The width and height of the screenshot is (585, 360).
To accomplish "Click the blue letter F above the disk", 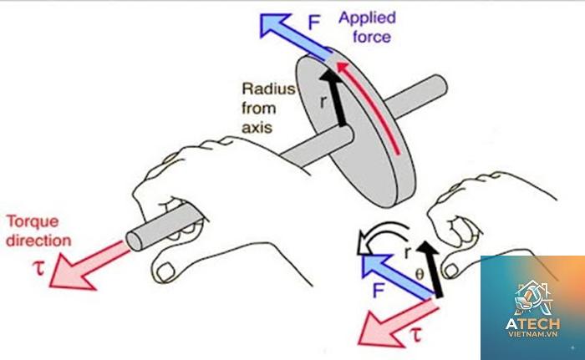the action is click(x=314, y=23).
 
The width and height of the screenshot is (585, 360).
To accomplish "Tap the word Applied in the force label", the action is click(x=367, y=18).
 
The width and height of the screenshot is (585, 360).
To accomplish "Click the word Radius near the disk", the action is click(x=268, y=89).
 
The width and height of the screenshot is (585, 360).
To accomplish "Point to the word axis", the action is click(x=257, y=128).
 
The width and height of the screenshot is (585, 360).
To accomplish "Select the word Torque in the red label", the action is click(x=33, y=222).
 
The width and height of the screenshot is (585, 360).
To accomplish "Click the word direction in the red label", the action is click(x=38, y=241).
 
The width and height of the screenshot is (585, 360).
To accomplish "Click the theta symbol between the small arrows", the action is click(x=420, y=275).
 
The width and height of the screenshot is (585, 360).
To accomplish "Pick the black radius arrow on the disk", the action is click(x=334, y=98).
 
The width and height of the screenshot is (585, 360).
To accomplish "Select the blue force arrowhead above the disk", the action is click(x=274, y=24).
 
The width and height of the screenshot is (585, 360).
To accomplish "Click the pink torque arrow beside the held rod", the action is click(x=88, y=266).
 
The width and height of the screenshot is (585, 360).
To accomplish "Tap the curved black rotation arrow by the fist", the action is click(x=382, y=237).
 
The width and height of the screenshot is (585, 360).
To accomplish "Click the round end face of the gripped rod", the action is click(x=134, y=241).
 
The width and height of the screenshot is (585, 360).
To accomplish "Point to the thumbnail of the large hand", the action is click(x=165, y=271).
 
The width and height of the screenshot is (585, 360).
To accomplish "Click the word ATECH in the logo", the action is click(x=533, y=323).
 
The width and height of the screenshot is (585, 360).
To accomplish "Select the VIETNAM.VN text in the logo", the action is click(x=533, y=334).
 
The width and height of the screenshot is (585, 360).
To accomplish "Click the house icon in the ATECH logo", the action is click(x=533, y=297).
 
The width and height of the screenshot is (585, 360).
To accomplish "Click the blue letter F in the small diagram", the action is click(x=378, y=291).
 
